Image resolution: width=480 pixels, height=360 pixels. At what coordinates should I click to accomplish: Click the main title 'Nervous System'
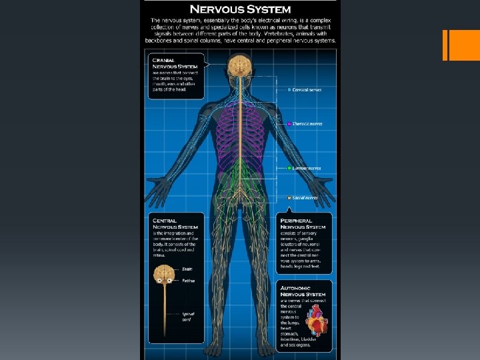point(240,9)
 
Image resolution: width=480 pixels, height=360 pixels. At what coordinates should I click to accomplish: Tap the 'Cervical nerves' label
point(307,89)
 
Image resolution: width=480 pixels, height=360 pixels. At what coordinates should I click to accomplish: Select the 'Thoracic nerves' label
point(307,123)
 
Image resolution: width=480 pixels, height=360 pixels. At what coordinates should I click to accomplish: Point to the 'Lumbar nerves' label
point(307,168)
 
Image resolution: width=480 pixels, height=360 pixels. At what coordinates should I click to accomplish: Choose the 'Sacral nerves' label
point(305,197)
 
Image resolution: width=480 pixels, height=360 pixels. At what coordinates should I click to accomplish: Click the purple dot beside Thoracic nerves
point(289,123)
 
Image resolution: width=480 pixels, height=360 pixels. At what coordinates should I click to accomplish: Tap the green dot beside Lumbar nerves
point(289,168)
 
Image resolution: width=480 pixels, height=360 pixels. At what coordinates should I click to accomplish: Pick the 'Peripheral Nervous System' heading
point(303,224)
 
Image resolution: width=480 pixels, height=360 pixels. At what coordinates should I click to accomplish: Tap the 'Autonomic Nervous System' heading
point(303,291)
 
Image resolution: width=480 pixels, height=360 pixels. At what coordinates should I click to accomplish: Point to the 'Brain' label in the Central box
point(187,269)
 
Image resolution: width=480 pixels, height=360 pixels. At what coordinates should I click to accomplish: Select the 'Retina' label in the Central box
point(188,281)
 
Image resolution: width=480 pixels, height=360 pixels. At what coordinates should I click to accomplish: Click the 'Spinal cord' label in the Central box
point(189,317)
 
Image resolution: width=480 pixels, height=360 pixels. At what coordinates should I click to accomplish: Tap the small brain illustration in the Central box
point(164,273)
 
